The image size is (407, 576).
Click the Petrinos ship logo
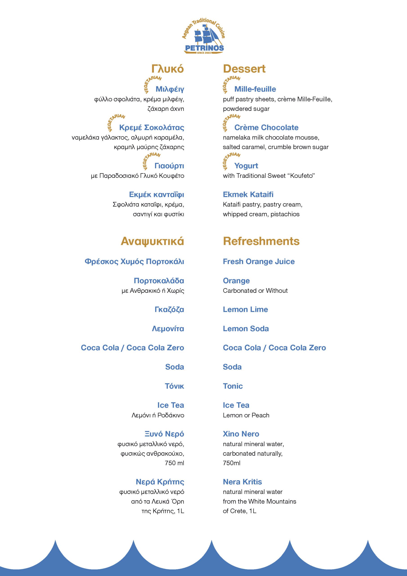click(204, 37)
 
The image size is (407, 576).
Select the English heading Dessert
click(244, 69)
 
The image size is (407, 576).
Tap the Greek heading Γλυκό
click(167, 69)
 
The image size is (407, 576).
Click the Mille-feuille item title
click(255, 89)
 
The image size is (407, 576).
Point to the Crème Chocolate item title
click(266, 127)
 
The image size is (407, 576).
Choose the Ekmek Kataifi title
click(248, 194)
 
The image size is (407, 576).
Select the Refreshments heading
click(261, 241)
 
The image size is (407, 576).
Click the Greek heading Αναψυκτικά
click(152, 241)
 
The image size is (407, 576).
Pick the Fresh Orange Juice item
click(259, 261)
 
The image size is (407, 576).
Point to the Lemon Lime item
click(245, 309)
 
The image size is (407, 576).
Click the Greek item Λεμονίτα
click(168, 329)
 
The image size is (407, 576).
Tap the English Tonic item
click(233, 386)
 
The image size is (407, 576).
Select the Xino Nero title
click(241, 434)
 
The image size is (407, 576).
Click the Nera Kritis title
click(242, 482)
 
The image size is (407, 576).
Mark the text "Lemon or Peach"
click(246, 415)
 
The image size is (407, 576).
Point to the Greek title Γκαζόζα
click(169, 309)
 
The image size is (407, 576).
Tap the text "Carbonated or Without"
click(255, 290)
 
